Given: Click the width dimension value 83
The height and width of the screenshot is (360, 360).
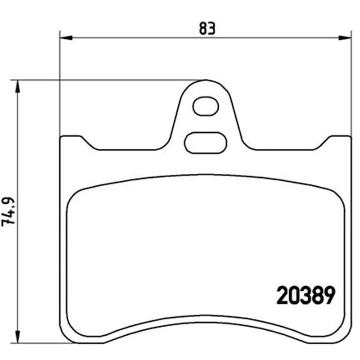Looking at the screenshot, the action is point(207,28).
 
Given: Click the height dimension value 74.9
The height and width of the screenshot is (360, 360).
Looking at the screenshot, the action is point(9,211).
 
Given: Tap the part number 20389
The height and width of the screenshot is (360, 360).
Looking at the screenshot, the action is point(306,295).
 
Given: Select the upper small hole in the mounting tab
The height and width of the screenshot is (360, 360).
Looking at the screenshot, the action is point(206,106).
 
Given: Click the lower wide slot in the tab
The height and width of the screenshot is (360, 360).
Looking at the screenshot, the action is point(206,143).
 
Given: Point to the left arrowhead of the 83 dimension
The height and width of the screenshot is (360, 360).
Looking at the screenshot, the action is point(66,38).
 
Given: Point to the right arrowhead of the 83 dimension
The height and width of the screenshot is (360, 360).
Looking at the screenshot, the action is point(345,38).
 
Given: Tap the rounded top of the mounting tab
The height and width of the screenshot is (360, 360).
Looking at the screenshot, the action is point(206,81).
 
